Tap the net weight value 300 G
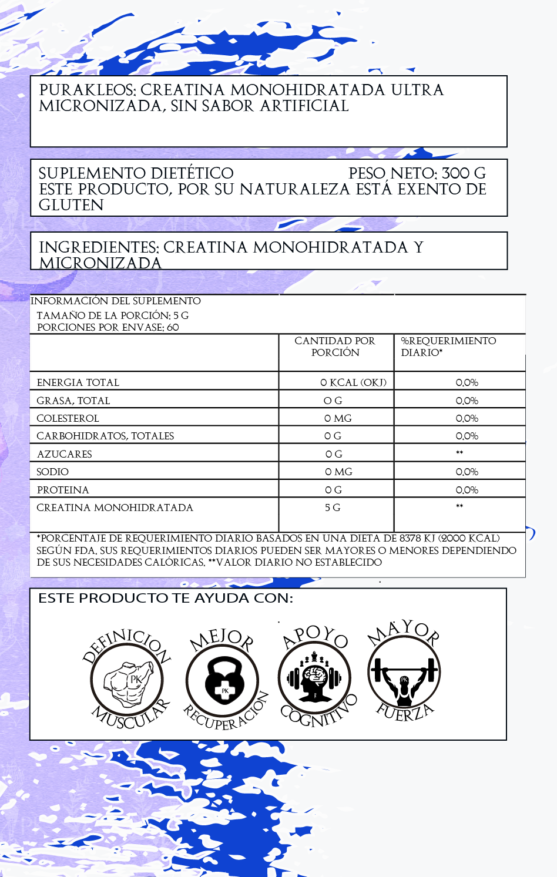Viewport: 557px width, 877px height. [464, 173]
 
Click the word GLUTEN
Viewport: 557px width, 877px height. [71, 205]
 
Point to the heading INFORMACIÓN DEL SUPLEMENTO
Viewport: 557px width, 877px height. [116, 301]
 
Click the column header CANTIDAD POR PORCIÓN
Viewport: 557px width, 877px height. [335, 347]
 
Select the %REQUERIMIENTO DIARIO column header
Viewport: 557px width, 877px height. [448, 347]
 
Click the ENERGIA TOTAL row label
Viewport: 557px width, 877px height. [78, 382]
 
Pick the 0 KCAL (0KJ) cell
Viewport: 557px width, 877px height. [353, 382]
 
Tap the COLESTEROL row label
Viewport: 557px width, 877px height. [68, 418]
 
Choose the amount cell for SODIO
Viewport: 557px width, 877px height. [338, 472]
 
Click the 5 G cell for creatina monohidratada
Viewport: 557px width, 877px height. [333, 508]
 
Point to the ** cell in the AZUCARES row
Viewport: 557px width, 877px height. [459, 453]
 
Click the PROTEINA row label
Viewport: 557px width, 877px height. [63, 490]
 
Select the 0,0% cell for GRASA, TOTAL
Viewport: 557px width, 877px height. [467, 401]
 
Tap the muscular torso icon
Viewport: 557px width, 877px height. [127, 681]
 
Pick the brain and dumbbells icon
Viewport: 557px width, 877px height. [315, 678]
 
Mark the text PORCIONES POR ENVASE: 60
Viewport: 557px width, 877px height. [108, 327]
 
